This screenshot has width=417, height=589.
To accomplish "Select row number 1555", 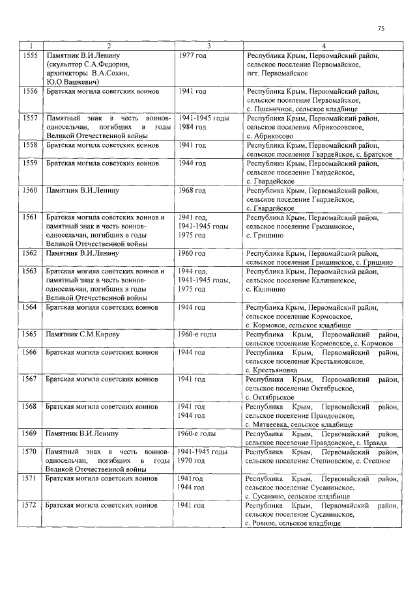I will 30,56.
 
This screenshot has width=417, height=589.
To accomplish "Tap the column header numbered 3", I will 208,46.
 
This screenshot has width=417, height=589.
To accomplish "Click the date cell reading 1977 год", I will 192,56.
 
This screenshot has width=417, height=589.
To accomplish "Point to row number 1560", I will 30,191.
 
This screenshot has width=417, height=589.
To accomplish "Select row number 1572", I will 30,505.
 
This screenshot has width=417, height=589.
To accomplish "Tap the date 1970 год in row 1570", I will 192,461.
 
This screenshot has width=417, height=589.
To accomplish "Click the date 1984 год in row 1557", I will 192,127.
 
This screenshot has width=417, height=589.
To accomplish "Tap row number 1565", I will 30,334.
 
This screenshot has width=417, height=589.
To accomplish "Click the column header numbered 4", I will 323,46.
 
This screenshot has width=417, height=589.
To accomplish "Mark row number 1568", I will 30,406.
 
